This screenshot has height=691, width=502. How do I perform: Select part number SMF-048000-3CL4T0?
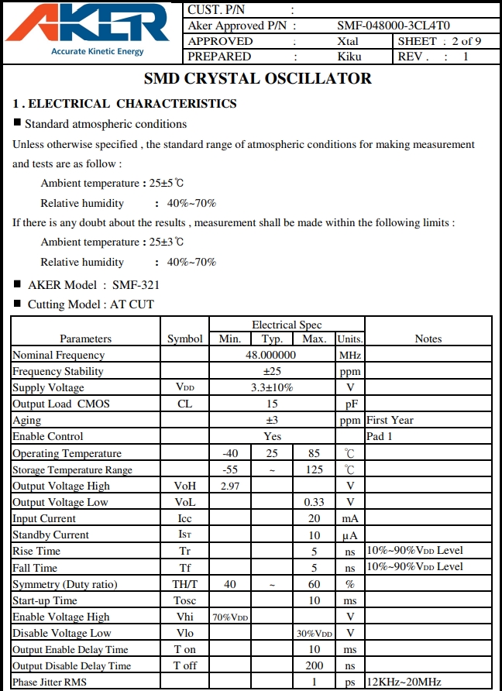(x=394, y=26)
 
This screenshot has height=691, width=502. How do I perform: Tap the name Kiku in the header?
(x=349, y=57)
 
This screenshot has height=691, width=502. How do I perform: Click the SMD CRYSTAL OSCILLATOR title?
(x=258, y=79)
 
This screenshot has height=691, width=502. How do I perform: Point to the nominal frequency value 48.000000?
(x=271, y=355)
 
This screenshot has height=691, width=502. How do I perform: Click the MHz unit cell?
(x=350, y=355)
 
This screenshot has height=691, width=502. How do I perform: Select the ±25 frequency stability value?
(x=271, y=371)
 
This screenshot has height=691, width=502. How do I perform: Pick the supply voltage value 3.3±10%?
(x=271, y=387)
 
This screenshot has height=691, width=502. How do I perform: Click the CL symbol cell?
(x=184, y=404)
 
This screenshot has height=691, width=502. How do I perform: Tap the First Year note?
(x=390, y=420)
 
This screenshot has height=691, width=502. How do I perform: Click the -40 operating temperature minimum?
(x=230, y=453)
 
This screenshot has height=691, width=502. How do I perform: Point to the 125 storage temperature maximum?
(x=314, y=469)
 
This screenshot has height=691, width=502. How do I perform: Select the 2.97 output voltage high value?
(x=230, y=486)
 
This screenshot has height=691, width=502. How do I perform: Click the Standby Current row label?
(x=50, y=535)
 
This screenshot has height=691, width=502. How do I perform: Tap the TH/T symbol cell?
(x=185, y=584)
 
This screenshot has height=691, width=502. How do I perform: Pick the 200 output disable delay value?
(x=314, y=665)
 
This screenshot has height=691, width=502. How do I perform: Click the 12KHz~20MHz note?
(x=404, y=682)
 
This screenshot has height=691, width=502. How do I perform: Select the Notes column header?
(x=428, y=339)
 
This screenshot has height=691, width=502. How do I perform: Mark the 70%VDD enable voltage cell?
(x=230, y=617)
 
